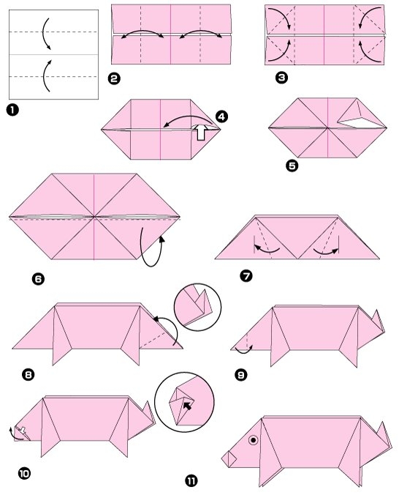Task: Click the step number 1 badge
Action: coord(12,110)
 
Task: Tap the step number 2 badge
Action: coord(114,78)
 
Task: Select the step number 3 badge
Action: coord(281,78)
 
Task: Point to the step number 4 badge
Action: coord(221,116)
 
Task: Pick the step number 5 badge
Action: coord(292,166)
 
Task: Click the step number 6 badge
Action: coord(38,279)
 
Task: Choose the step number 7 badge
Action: coord(246,275)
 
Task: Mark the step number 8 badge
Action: coord(28,375)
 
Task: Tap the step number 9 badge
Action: coord(241,375)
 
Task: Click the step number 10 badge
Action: coord(24,474)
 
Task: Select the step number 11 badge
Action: coord(191,481)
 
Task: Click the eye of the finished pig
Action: coord(254,440)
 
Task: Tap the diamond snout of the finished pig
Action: coord(229,459)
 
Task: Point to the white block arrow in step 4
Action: coord(201,132)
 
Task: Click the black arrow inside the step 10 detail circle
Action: coord(188,406)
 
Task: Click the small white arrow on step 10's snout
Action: coord(23,431)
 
